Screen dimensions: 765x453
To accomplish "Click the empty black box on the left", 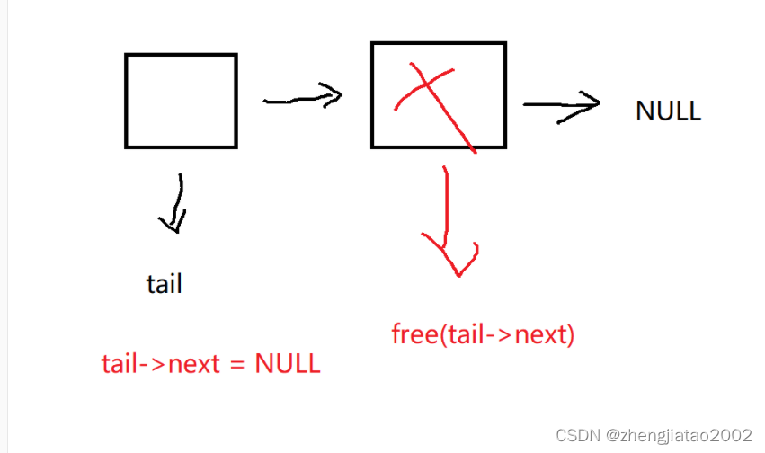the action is pos(181,101).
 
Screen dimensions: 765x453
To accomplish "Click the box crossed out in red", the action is pos(438,94).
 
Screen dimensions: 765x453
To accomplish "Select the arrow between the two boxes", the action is pos(303,96).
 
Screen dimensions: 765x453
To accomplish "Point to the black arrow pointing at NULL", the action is pos(561,104).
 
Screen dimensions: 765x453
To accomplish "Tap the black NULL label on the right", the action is pos(668,111).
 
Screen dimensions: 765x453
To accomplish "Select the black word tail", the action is pos(164,284).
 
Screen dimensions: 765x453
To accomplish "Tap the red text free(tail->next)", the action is pos(483,335).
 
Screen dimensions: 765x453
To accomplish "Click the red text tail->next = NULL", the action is pos(210,364).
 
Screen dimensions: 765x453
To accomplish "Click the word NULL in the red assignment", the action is pos(287,364).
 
